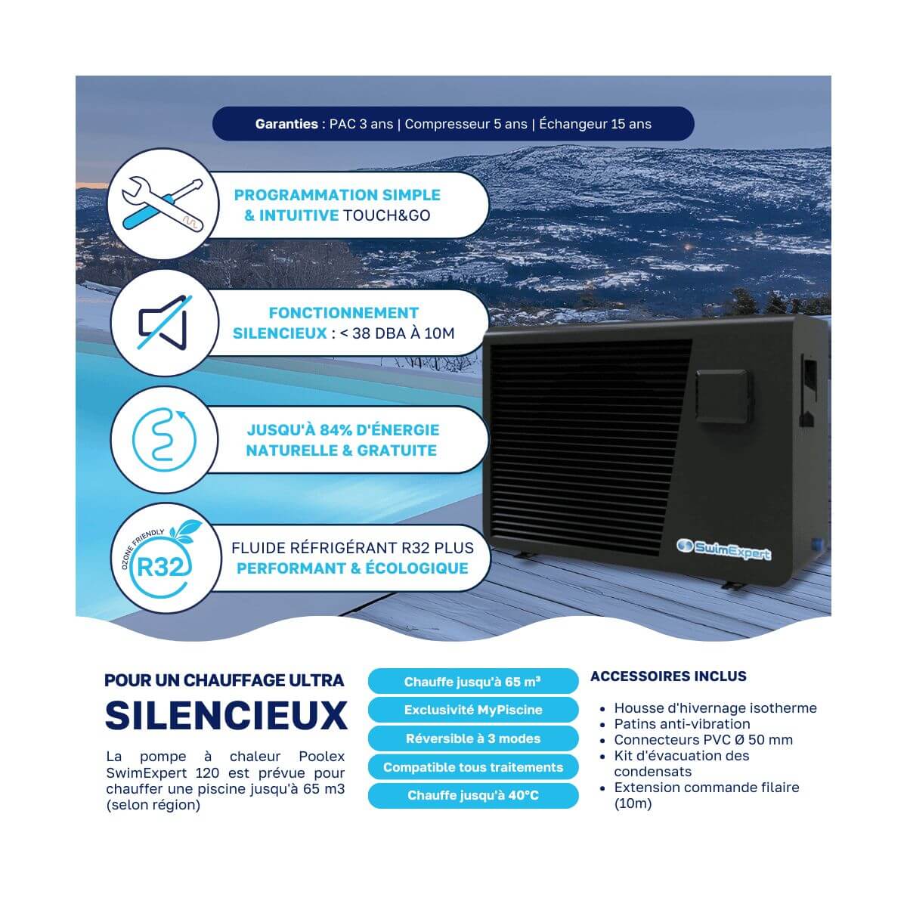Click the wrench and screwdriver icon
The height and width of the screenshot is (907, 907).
pos(163,204)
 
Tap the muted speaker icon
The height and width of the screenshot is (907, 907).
pos(164,323)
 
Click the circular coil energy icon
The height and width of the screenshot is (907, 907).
pos(164,440)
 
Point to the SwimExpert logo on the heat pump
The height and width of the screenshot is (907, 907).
pos(723,549)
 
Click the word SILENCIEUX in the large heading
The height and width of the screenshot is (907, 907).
pos(227,716)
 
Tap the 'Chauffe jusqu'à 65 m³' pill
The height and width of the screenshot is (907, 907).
pos(473,682)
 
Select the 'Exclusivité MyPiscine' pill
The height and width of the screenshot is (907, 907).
pos(473,710)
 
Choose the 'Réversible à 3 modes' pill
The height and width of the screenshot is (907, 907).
pos(473,738)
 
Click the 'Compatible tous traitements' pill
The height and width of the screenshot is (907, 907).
pos(473,767)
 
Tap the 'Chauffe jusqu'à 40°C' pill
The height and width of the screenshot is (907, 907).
pos(473,795)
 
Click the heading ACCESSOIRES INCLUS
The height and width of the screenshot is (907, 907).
pos(668,676)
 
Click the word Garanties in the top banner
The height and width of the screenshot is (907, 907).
pos(286,124)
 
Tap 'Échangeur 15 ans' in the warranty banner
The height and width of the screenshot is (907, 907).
pos(596,124)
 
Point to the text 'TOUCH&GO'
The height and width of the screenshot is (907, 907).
pos(386,215)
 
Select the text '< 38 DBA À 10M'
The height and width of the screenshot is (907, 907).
pos(397,333)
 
